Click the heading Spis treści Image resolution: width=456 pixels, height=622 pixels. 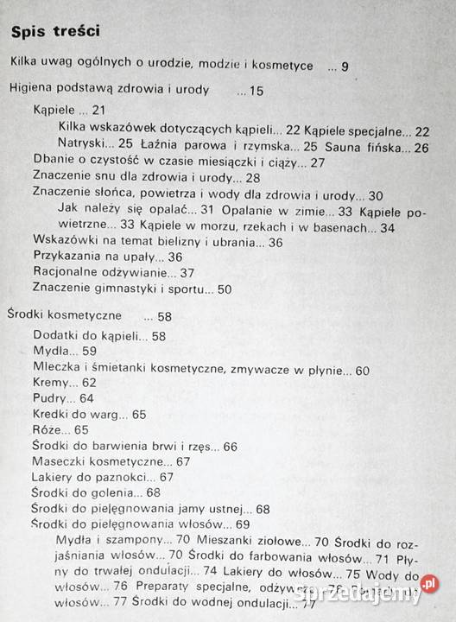pos(54,34)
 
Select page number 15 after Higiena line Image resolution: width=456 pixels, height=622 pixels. pos(256,89)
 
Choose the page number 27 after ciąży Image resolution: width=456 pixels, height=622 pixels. pos(317,162)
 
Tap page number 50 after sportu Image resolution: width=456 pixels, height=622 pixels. pos(224,289)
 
